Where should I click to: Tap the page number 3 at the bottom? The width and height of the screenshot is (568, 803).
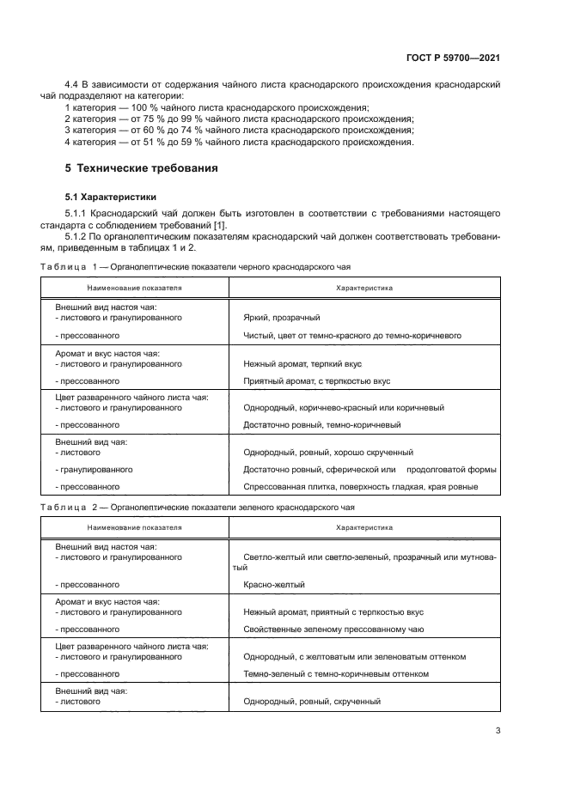(498, 731)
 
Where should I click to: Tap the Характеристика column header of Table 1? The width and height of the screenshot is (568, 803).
(364, 288)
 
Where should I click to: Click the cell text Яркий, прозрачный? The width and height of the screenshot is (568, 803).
(282, 318)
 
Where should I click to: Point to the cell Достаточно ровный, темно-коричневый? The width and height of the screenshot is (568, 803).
(321, 424)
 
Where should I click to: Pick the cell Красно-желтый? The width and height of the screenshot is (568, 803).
(274, 584)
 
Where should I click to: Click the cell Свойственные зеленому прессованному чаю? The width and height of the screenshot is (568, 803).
(334, 629)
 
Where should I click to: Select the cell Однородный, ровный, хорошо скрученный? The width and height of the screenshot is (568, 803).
(328, 452)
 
